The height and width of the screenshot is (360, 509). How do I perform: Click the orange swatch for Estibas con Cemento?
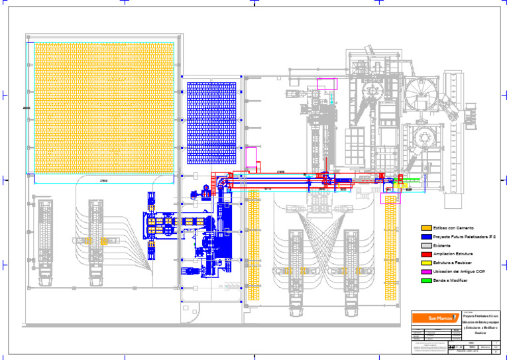coord(426,228)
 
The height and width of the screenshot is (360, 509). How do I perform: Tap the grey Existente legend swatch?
coord(426,245)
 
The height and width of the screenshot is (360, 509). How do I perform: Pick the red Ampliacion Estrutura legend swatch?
coord(426,254)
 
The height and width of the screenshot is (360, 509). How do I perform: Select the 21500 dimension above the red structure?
coord(280,172)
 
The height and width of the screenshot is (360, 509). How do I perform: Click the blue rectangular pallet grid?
coord(211,123)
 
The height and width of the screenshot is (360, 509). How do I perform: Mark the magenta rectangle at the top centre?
coord(327,84)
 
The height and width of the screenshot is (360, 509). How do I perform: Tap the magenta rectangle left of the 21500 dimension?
coord(251,158)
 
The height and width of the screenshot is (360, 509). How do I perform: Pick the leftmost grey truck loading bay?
coord(45,239)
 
